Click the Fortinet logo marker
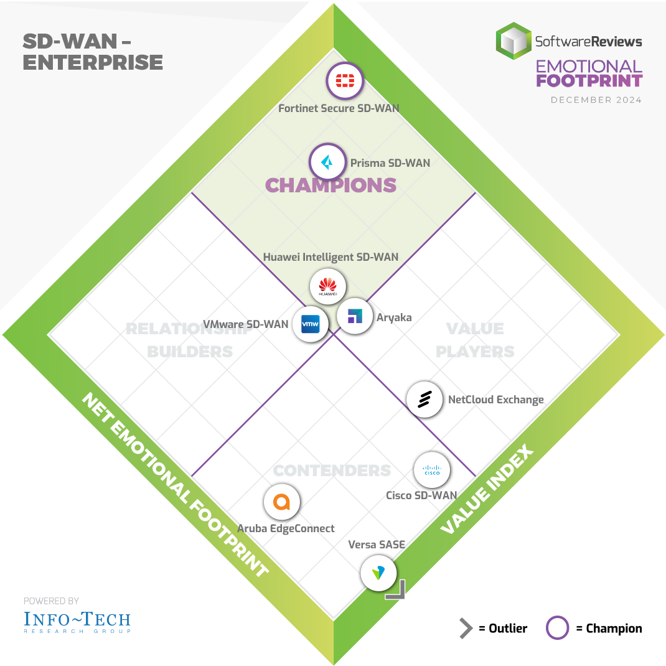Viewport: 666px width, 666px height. (345, 81)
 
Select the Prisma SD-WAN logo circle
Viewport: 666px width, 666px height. (327, 162)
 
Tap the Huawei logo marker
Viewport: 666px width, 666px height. (327, 286)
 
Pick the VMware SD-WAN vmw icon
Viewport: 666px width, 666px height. (310, 324)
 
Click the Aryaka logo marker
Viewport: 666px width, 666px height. (355, 317)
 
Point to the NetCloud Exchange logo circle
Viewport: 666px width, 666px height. (424, 399)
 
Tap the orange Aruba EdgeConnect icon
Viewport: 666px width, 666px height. (282, 502)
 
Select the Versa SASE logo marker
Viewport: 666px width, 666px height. (378, 573)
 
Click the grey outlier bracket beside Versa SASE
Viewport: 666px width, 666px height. (396, 591)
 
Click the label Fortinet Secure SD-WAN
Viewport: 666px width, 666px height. (339, 108)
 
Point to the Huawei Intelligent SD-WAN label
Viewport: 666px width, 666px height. (331, 257)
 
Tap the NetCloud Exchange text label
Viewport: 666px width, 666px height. (496, 400)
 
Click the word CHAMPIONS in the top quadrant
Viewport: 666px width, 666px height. (331, 185)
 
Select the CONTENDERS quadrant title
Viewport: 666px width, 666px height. (332, 471)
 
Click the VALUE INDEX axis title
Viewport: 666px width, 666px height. (488, 489)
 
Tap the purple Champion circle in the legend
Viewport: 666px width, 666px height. (557, 628)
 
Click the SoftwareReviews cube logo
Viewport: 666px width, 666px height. (514, 41)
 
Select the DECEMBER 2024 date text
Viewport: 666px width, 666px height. (596, 100)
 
